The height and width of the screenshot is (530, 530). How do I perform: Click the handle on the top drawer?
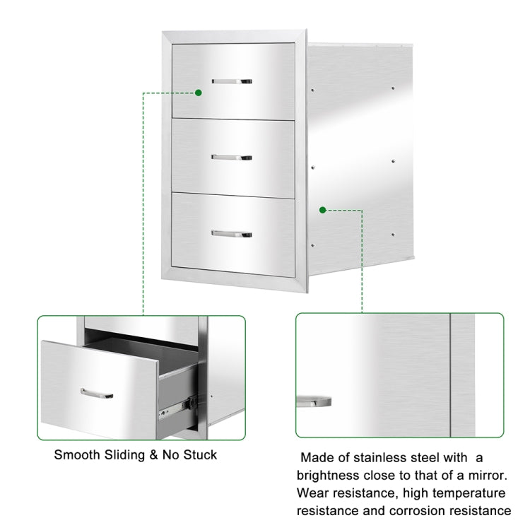coord(232,81)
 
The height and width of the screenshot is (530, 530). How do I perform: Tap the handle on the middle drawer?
coord(232,155)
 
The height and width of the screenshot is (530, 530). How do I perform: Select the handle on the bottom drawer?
coord(232,232)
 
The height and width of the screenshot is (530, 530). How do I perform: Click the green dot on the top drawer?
coord(199,93)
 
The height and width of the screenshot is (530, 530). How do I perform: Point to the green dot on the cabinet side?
coord(322,210)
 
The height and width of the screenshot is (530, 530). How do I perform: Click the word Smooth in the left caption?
coord(76,454)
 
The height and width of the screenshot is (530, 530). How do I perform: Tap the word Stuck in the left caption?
coord(200,454)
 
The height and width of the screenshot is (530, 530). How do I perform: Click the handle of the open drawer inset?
coord(97,392)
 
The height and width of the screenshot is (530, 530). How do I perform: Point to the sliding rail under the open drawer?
coord(177,405)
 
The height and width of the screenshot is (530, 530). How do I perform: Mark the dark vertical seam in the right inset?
coord(449,375)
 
